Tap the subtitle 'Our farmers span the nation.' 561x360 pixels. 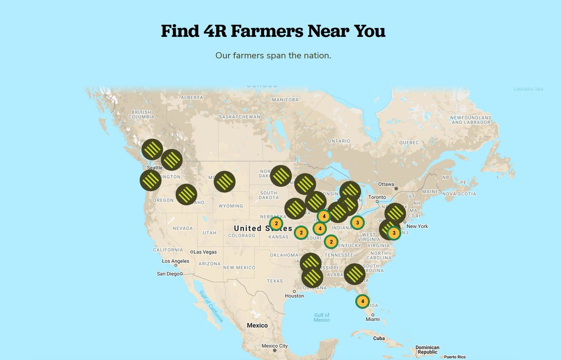pyautogui.click(x=273, y=55)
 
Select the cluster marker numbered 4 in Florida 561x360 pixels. pyautogui.click(x=362, y=301)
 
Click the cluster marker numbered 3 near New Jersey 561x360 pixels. pyautogui.click(x=394, y=232)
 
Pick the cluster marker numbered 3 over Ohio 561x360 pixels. pyautogui.click(x=358, y=222)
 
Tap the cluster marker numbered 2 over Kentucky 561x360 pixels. pyautogui.click(x=331, y=242)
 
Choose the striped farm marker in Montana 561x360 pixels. pyautogui.click(x=224, y=181)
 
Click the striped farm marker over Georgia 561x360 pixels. pyautogui.click(x=354, y=274)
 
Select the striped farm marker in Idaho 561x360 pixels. pyautogui.click(x=186, y=194)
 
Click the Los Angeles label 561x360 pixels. pyautogui.click(x=175, y=261)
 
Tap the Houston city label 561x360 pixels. pyautogui.click(x=294, y=295)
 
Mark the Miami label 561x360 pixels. pyautogui.click(x=373, y=319)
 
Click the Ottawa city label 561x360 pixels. pyautogui.click(x=386, y=184)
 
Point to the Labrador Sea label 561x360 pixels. pyautogui.click(x=528, y=89)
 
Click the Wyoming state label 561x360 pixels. pyautogui.click(x=231, y=206)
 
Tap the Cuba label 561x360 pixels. pyautogui.click(x=379, y=338)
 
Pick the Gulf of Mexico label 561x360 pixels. pyautogui.click(x=322, y=317)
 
